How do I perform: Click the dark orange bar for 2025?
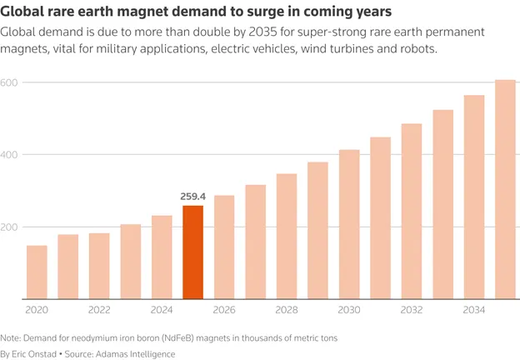[x=193, y=252]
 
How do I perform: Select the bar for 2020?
[x=37, y=272]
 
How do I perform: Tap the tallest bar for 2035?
[x=505, y=189]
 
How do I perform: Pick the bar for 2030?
[x=349, y=224]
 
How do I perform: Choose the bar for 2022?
[x=99, y=266]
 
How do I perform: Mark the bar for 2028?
[x=287, y=237]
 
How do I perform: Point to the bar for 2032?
[x=412, y=212]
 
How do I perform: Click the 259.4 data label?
[x=193, y=197]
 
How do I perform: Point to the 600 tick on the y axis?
[x=8, y=82]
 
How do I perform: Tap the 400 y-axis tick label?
[x=8, y=155]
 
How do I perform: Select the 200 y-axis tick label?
[x=8, y=227]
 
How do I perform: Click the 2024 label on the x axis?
[x=162, y=310]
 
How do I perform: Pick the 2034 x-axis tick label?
[x=474, y=310]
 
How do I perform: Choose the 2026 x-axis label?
[x=224, y=310]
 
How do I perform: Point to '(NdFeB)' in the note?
[x=180, y=338]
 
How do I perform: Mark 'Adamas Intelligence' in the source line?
[x=135, y=354]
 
